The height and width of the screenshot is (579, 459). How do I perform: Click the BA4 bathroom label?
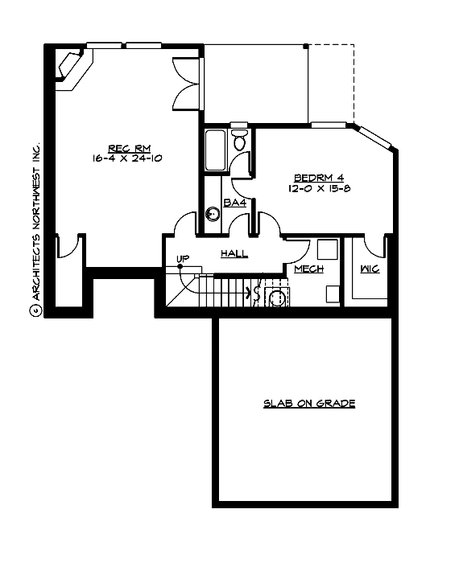[234, 203]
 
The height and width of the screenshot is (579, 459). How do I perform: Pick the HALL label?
[234, 254]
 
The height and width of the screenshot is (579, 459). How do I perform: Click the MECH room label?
[308, 269]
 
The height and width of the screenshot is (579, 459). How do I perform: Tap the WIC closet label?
[370, 269]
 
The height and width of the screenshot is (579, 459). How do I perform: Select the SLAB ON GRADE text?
[309, 403]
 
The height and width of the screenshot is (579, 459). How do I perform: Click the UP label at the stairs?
[183, 258]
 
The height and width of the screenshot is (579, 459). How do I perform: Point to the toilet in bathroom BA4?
[239, 141]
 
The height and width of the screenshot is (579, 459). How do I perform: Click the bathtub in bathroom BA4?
[214, 150]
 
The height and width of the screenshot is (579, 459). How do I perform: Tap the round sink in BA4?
[213, 214]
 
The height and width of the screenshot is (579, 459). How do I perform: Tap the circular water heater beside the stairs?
[277, 298]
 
